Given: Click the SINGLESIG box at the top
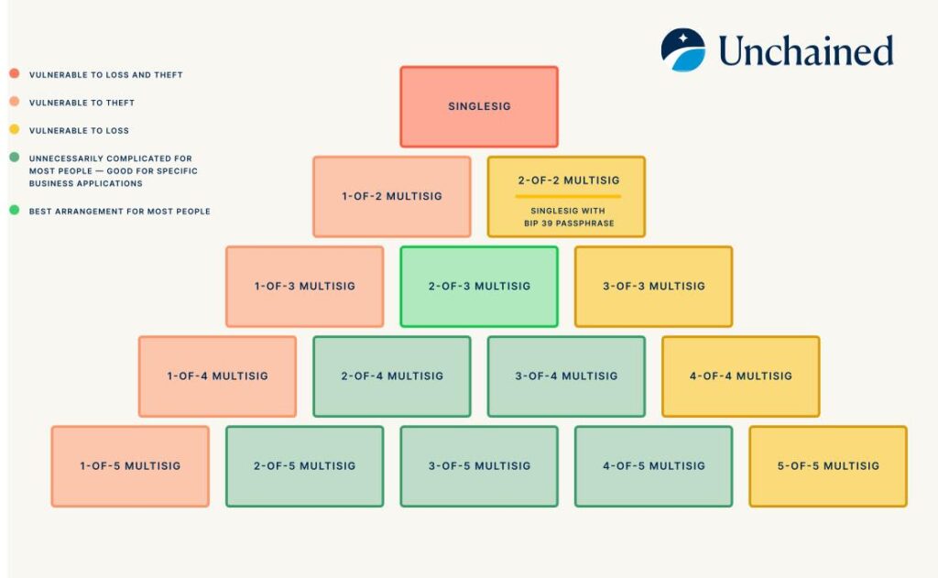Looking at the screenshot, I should [x=479, y=106].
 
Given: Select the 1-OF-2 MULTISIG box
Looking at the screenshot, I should [x=391, y=196].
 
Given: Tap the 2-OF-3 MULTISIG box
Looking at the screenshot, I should [x=479, y=286].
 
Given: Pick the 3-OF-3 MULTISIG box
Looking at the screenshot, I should [x=653, y=286].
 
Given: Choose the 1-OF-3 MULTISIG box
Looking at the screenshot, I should [x=304, y=286].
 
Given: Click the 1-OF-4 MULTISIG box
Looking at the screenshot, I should [x=217, y=376].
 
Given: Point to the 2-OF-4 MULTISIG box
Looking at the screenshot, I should [x=391, y=376].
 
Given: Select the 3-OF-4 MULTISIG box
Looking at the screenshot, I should [x=566, y=376].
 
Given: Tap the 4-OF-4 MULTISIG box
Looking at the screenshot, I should [x=740, y=376].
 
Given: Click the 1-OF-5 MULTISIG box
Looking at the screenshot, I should [x=130, y=465].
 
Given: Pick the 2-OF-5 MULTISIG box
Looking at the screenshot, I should [x=304, y=465].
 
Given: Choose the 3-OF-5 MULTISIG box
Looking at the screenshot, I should [x=479, y=465].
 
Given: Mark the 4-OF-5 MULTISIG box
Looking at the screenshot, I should [x=653, y=465].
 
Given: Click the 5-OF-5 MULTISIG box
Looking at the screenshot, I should [x=828, y=465].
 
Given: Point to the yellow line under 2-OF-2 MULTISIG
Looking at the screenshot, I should [x=568, y=196].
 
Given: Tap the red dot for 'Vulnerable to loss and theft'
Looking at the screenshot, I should [x=15, y=74].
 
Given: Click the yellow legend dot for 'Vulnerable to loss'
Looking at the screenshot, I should [x=15, y=130].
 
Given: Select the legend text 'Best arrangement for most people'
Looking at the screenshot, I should [x=119, y=212].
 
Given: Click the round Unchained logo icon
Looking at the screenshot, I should [x=683, y=50].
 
